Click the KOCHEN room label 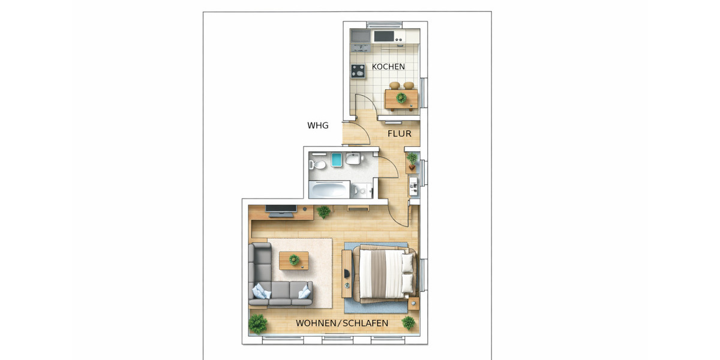click(x=388, y=67)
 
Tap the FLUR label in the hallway click(x=399, y=133)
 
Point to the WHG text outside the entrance click(x=317, y=125)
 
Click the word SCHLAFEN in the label click(x=366, y=323)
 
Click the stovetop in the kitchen click(x=358, y=71)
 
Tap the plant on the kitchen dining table click(x=401, y=97)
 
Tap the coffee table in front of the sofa click(x=294, y=260)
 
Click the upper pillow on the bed click(x=407, y=262)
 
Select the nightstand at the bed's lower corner click(x=413, y=305)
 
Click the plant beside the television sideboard click(x=323, y=211)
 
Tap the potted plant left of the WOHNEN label click(x=258, y=323)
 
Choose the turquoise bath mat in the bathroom click(x=336, y=160)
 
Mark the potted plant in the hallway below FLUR click(x=412, y=159)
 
